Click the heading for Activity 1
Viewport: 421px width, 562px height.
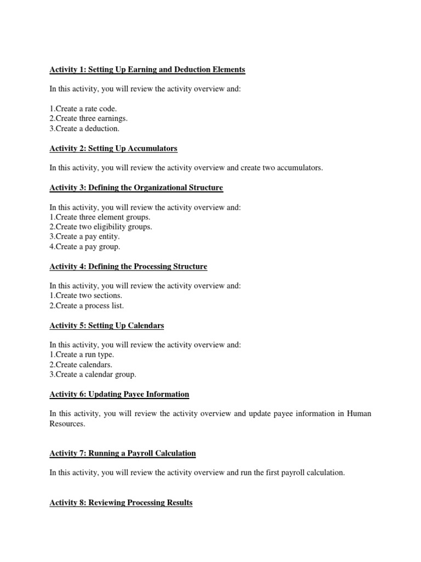(147, 70)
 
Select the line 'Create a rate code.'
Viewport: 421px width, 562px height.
(83, 109)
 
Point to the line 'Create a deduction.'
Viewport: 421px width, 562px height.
(84, 129)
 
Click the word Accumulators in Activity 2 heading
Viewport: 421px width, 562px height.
(153, 149)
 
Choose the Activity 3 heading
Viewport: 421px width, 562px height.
(136, 188)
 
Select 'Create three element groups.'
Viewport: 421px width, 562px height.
(100, 217)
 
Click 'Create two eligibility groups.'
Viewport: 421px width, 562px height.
(101, 227)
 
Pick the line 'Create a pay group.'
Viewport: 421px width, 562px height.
(85, 247)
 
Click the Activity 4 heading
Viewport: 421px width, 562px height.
(128, 267)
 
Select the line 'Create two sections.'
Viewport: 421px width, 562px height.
(86, 296)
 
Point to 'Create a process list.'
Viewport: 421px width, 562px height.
(87, 306)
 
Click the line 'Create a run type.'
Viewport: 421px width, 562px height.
(82, 355)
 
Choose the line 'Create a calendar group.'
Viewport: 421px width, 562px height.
(93, 375)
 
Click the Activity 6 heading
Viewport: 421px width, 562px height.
(120, 395)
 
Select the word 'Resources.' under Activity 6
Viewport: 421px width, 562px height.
(67, 424)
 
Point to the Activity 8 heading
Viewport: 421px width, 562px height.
(121, 503)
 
